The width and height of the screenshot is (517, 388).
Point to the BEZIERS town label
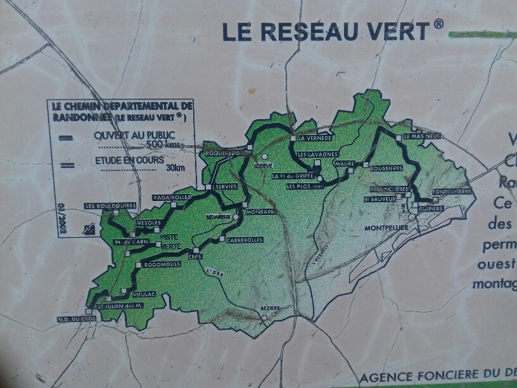(270, 309)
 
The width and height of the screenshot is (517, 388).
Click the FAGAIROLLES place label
(171, 198)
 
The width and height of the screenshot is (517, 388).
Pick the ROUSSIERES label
(386, 167)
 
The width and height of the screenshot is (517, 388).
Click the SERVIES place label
(226, 187)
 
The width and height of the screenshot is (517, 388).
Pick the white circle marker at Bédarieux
(235, 217)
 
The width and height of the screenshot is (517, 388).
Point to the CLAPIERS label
(430, 206)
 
